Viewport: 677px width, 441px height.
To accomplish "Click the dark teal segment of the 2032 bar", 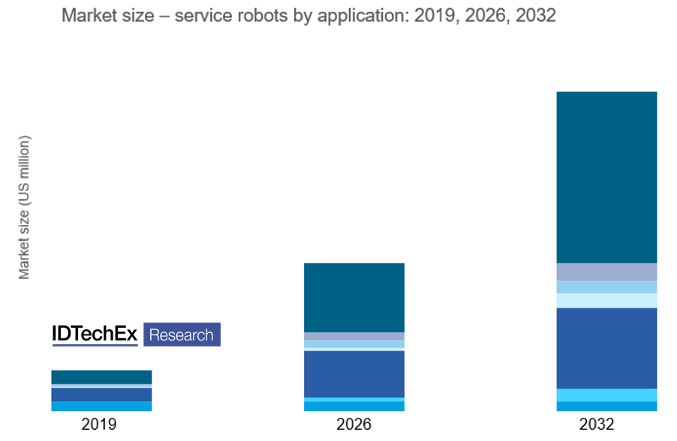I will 606,177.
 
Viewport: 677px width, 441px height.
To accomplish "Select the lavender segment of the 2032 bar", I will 606,271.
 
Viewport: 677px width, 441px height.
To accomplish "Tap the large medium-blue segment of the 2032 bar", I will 606,348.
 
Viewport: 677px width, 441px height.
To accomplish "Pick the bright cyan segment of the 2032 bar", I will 606,395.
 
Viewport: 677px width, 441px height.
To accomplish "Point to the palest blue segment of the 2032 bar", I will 606,300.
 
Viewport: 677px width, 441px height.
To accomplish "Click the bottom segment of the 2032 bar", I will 606,406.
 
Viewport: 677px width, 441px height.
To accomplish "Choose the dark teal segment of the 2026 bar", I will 354,297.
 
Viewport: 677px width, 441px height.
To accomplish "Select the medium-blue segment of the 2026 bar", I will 354,373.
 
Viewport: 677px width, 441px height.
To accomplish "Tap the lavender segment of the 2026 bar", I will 354,336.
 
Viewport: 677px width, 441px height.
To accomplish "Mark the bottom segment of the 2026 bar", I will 354,406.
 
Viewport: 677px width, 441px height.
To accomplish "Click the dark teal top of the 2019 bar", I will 101,376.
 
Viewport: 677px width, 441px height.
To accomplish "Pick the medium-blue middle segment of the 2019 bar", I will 101,394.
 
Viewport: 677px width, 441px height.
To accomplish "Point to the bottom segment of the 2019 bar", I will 101,406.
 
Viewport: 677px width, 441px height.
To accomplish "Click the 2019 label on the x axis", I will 99,424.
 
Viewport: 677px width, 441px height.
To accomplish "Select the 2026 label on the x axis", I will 354,424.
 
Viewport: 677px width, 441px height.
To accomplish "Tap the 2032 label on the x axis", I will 597,424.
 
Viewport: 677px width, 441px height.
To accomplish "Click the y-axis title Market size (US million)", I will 25,208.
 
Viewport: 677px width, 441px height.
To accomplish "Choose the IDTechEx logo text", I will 95,334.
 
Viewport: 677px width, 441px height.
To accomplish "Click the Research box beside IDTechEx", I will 182,334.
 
